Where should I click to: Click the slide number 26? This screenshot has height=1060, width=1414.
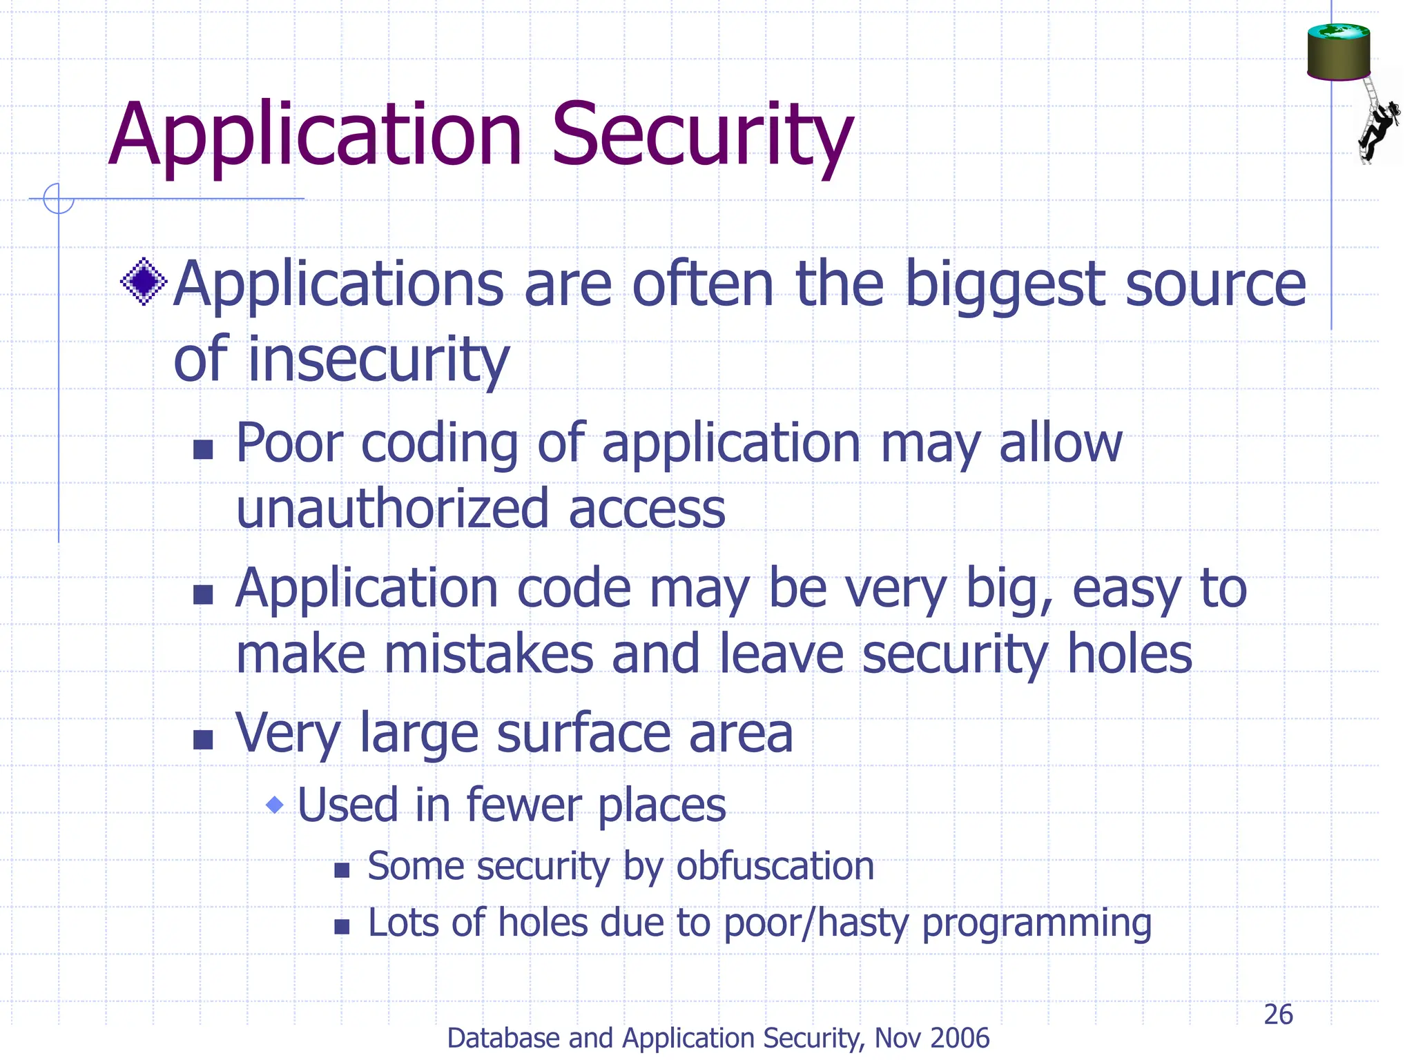point(1278,1014)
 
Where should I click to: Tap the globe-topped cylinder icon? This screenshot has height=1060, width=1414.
point(1338,52)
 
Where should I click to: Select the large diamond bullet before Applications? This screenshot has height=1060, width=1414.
point(144,282)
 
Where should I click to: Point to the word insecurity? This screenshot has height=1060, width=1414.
point(378,360)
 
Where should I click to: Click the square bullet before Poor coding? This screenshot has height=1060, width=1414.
point(203,450)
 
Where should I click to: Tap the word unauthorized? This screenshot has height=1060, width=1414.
point(393,509)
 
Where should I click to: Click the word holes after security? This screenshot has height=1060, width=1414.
point(1130,654)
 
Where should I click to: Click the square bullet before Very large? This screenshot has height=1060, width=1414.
point(203,740)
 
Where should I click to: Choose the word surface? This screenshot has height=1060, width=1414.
point(582,733)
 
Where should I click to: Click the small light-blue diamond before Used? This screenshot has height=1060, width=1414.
point(275,805)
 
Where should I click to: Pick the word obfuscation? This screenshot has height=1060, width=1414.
point(775,866)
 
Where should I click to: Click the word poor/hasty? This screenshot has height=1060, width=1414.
point(816,923)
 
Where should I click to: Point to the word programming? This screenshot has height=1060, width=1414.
point(1036,923)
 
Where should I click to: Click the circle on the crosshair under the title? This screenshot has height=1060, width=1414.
point(59,199)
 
